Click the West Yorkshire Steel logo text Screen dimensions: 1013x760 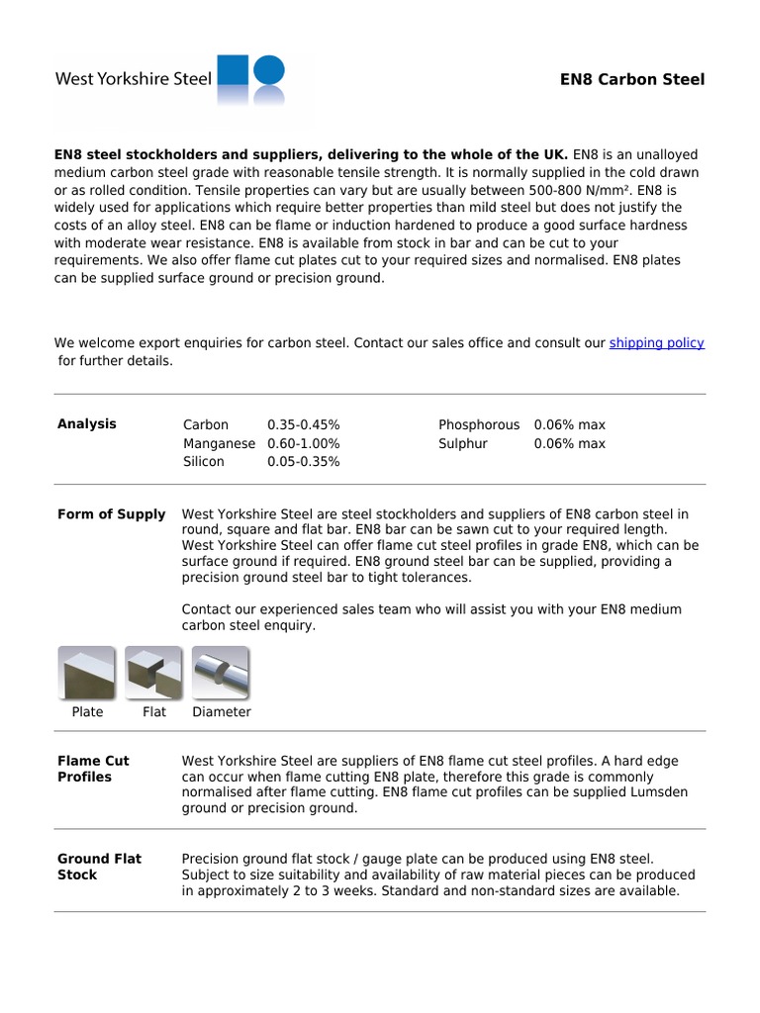click(x=133, y=79)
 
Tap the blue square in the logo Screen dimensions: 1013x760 click(x=233, y=71)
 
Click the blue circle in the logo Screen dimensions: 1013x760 click(x=269, y=69)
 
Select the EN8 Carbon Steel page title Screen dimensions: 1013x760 click(x=632, y=79)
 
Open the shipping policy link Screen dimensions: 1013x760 click(x=656, y=343)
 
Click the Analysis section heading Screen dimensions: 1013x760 click(x=87, y=423)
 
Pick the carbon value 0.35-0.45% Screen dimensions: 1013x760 click(x=304, y=424)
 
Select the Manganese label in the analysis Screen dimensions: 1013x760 click(x=219, y=443)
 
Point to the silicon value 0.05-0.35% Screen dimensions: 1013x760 click(x=304, y=462)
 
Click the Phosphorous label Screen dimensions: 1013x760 click(x=479, y=424)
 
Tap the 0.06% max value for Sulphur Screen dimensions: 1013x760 click(x=569, y=443)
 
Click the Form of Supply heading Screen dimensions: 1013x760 click(x=112, y=514)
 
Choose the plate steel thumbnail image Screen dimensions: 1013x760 click(x=87, y=673)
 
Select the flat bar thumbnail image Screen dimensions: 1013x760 click(x=153, y=673)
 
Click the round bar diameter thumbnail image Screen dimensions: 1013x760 click(x=220, y=673)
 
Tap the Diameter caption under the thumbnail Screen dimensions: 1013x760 click(x=222, y=712)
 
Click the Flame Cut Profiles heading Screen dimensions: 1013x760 click(x=93, y=769)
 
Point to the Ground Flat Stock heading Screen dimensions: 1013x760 click(x=99, y=867)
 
